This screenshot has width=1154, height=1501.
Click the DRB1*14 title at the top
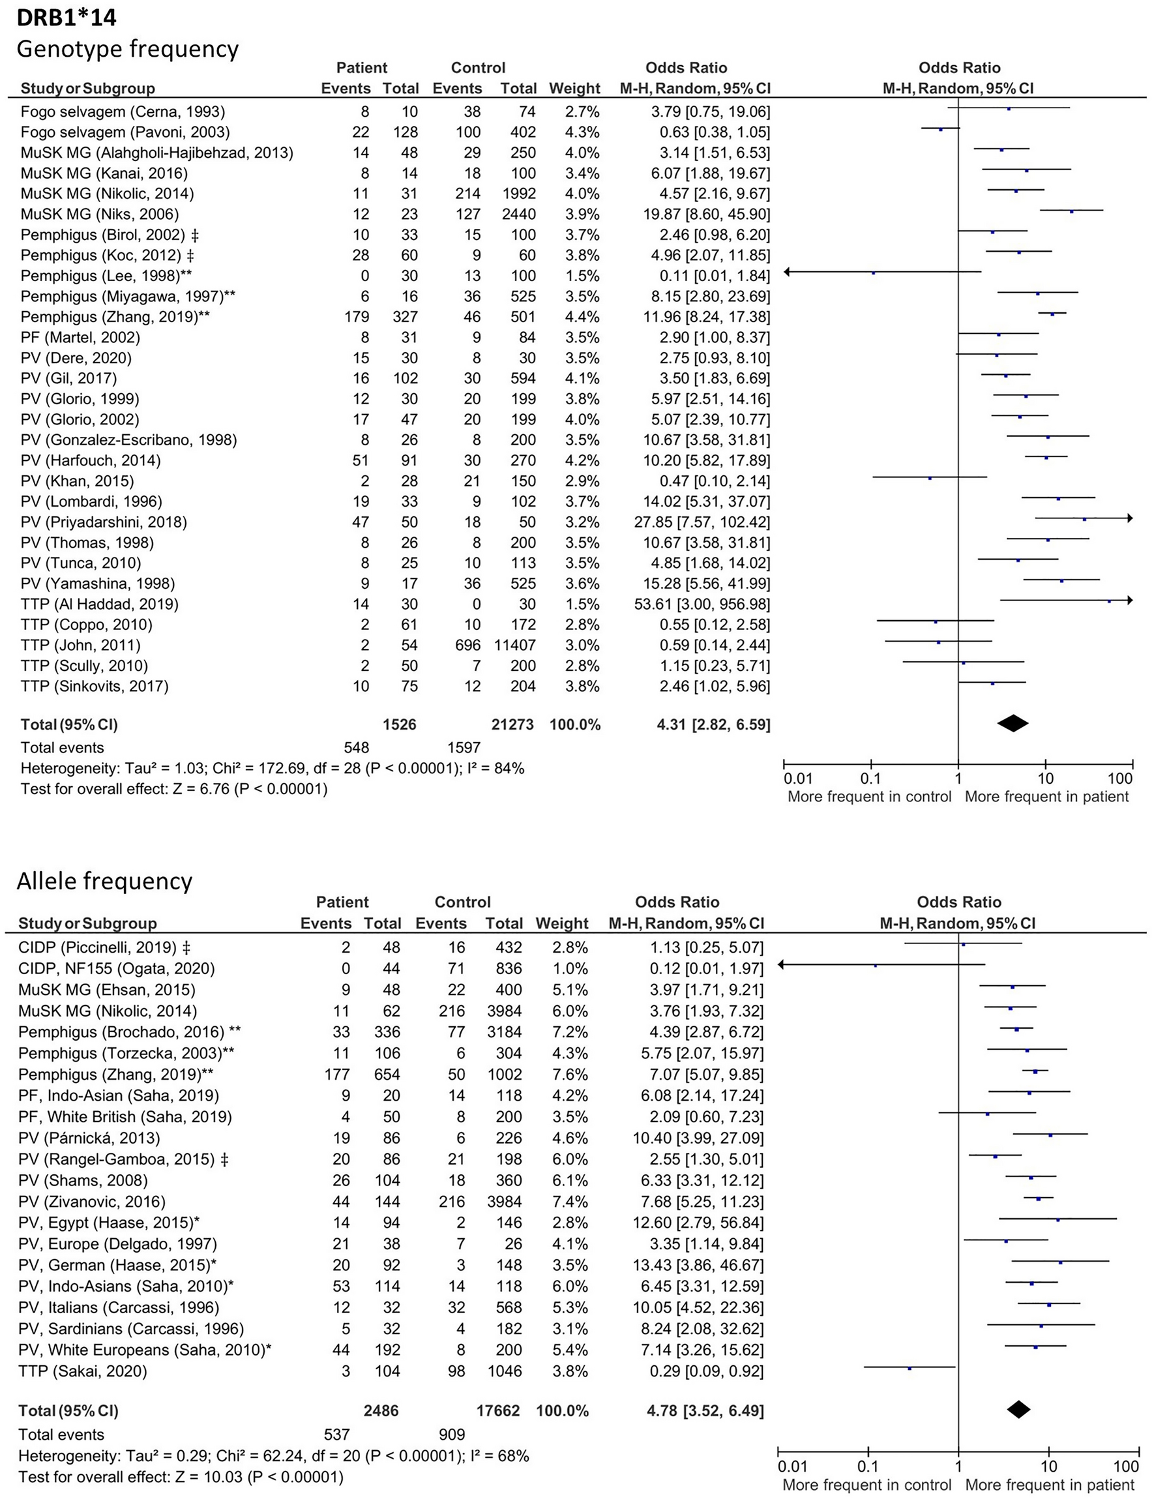click(x=67, y=16)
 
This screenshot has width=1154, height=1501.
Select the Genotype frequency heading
click(x=128, y=49)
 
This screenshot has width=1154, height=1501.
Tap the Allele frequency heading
click(x=104, y=881)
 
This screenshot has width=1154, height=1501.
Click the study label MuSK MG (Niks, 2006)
click(x=100, y=215)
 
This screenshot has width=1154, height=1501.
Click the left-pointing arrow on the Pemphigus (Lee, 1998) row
click(x=788, y=272)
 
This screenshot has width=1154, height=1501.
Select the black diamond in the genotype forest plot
click(x=1013, y=722)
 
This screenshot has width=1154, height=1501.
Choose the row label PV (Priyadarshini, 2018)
click(x=104, y=522)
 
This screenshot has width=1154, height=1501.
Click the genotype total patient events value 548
click(x=356, y=747)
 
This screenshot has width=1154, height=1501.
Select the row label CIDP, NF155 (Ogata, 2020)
click(x=116, y=969)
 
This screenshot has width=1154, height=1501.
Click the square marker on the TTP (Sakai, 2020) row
click(x=910, y=1369)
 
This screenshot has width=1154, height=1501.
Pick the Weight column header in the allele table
click(x=562, y=923)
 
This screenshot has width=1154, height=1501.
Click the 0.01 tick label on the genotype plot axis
click(x=797, y=779)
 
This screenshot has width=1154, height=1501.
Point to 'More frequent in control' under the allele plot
click(x=866, y=1485)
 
